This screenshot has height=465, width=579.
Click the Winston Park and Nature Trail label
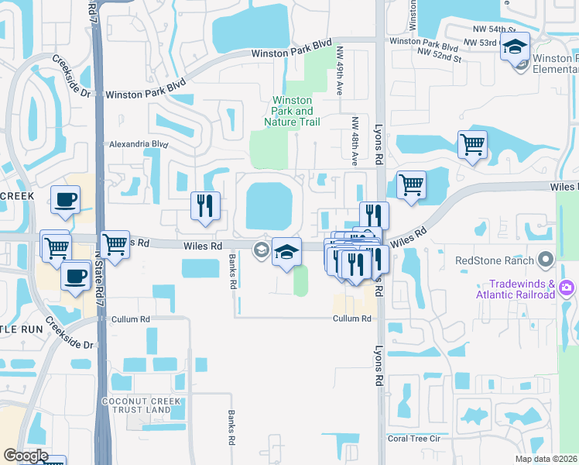click(x=292, y=111)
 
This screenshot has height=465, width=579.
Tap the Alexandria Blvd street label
click(x=138, y=144)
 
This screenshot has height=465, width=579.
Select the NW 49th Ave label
click(x=340, y=71)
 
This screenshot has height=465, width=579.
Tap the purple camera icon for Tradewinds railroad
click(x=567, y=288)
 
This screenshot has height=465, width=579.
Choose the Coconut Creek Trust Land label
click(x=136, y=405)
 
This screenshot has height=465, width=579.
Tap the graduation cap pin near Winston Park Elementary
click(x=515, y=48)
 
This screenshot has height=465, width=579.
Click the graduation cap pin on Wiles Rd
click(x=286, y=252)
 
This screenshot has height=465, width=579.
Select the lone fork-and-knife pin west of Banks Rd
click(x=205, y=206)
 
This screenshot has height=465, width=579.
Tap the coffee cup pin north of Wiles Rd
click(x=66, y=200)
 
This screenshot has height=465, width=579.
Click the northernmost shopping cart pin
click(x=472, y=143)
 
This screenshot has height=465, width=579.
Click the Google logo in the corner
click(x=25, y=455)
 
